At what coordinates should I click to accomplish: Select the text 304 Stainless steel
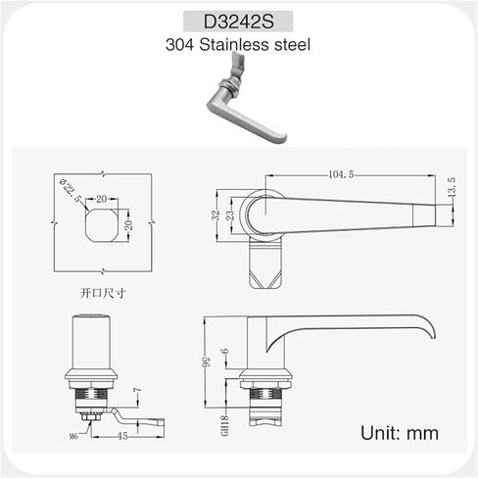click(x=238, y=46)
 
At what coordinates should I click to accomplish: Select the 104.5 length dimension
click(x=339, y=174)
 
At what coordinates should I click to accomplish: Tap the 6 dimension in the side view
click(x=224, y=355)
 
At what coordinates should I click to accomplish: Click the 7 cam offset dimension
click(x=139, y=394)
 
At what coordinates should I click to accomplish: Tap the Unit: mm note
click(x=400, y=432)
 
